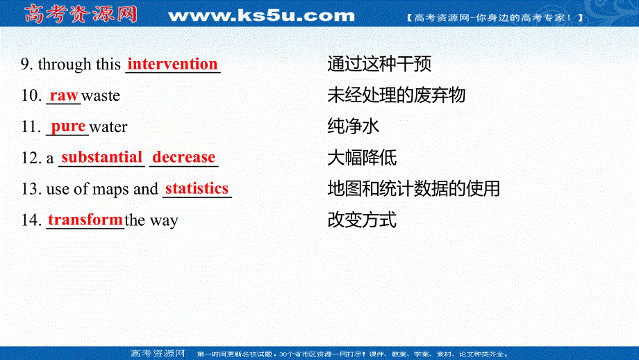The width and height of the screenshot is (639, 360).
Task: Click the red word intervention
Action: pos(172,64)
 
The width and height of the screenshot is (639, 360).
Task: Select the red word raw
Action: pos(64,95)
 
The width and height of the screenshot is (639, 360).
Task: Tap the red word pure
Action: pos(69,126)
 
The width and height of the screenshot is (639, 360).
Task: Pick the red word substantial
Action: pos(101,158)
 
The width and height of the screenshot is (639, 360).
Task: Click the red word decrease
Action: pos(184,158)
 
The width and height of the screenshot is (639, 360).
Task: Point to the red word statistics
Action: pos(197,188)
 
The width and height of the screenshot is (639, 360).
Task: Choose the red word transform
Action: pos(85,220)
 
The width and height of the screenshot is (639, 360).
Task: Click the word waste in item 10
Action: pos(101,96)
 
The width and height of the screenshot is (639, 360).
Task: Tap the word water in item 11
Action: pos(108,127)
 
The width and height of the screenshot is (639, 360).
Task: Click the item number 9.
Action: pos(27,65)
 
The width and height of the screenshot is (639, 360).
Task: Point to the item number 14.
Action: pos(31,221)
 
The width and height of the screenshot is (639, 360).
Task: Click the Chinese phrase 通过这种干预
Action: pos(379,65)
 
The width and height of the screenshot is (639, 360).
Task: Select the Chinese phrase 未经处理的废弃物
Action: pos(396,95)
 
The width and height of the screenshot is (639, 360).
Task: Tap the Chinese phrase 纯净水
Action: pos(353,126)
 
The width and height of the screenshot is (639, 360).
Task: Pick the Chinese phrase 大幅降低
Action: pos(362,158)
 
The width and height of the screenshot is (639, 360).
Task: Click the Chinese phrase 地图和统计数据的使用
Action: pos(413,188)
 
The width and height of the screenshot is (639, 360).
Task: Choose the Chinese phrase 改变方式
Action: pos(362,220)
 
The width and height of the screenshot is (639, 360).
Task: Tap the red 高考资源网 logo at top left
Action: pos(80,14)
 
